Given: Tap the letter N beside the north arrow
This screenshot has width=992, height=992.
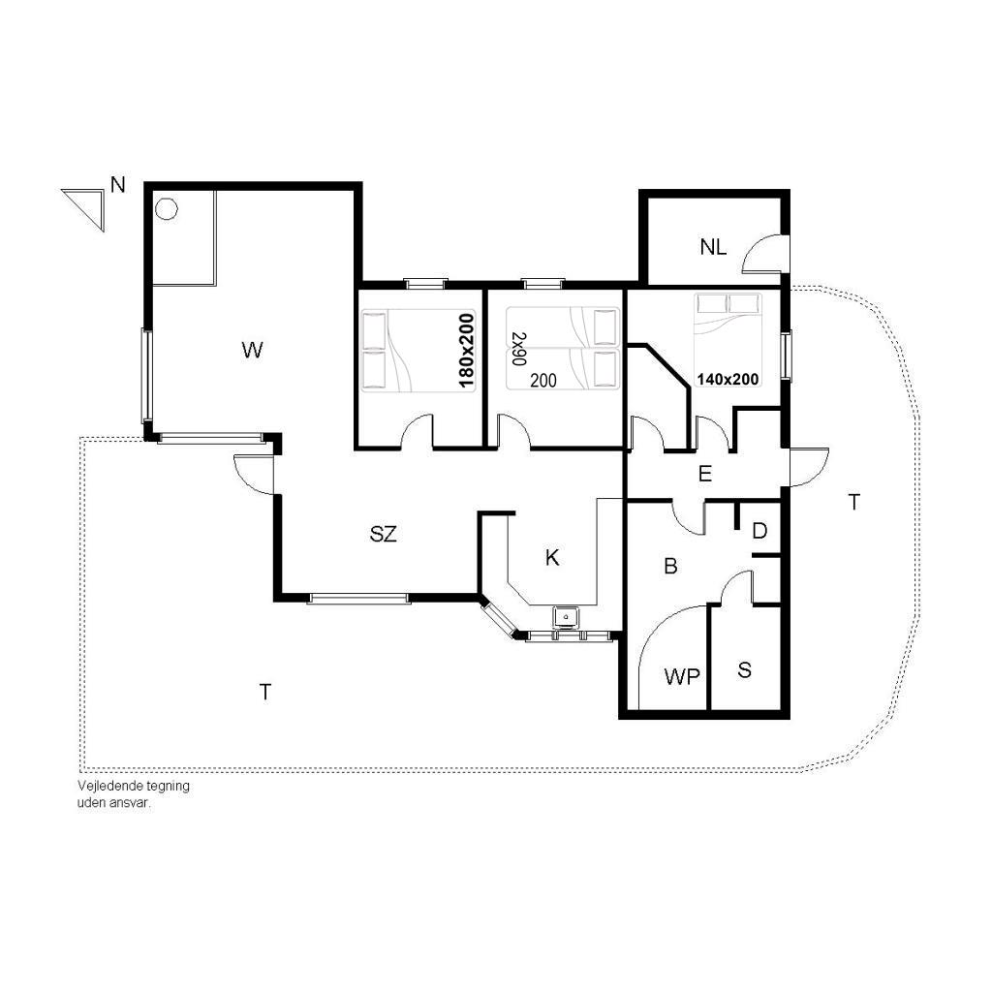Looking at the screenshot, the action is point(117,185).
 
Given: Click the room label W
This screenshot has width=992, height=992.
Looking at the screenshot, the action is point(253,350).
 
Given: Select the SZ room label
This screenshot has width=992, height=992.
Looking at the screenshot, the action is point(384,534).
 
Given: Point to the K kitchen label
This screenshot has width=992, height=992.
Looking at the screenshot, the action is point(552,557).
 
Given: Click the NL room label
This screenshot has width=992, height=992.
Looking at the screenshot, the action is point(713,247).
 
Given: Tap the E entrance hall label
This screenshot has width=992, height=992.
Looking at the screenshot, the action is point(705,473).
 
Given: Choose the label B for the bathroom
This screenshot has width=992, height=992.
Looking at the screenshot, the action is point(670,566).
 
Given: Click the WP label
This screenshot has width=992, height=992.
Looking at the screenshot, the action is point(682,677).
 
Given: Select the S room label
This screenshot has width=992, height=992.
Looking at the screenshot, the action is point(745,670).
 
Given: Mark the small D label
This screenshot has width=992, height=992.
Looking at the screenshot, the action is point(759,531).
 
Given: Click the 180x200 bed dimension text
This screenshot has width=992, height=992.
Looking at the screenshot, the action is point(466,351).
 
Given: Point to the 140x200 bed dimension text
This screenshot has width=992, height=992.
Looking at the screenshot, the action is point(728,379).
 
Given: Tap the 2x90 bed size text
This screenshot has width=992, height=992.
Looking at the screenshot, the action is point(519,349).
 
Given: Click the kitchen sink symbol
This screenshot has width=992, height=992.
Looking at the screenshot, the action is point(566,617).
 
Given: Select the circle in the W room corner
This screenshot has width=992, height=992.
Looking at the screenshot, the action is point(167,209).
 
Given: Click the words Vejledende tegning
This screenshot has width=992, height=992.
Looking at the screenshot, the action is point(134,786).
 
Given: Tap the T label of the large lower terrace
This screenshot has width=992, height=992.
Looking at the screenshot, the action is point(265,692).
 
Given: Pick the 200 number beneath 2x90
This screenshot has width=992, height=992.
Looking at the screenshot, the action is point(543,380).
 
